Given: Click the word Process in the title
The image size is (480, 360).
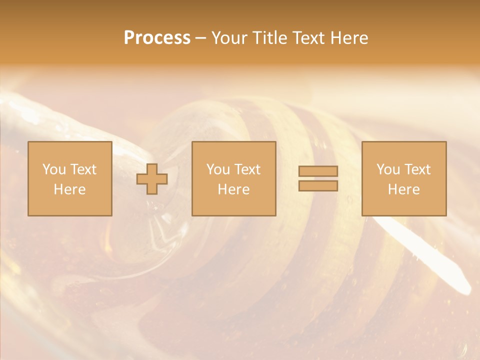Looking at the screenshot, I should tap(157, 38).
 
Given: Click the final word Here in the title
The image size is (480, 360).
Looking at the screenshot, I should tap(349, 38).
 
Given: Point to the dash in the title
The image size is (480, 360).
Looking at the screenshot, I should tap(200, 38).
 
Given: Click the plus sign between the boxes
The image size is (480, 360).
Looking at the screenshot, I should tap(152, 179).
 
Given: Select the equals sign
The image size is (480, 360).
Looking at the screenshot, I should tap(318, 178).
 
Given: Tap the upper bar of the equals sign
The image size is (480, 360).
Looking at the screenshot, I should tap(318, 171).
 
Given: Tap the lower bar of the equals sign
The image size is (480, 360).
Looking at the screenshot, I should tap(318, 186).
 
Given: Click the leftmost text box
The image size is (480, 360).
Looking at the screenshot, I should tap(69, 178).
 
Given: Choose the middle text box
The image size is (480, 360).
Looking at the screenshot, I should tap(233, 178).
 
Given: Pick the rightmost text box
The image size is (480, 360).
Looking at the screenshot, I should tap(403, 178).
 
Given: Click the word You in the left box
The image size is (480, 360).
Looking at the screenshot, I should tap(54, 169).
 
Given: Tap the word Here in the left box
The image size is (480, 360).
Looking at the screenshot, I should tap(69, 189).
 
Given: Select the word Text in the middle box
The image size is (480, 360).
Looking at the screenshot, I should tap(247, 169).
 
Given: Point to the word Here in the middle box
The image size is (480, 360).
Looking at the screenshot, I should tap(233, 189).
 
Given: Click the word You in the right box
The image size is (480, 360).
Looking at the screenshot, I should tap(388, 169).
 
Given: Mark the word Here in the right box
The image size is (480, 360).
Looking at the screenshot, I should tap(403, 189).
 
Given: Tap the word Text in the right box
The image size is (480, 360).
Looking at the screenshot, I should tap(417, 169).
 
